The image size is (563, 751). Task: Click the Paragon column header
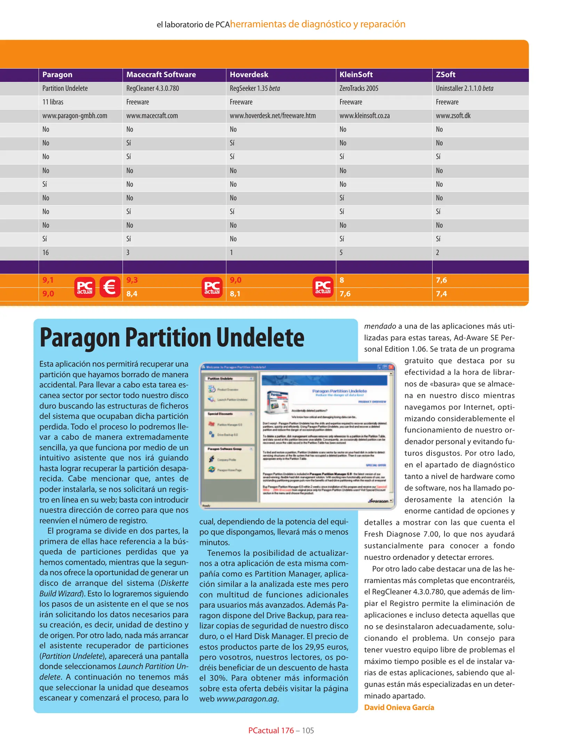[x=57, y=74]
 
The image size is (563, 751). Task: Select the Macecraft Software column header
[x=161, y=74]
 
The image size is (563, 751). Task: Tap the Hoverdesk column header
[x=249, y=74]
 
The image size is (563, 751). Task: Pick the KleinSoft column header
[x=356, y=74]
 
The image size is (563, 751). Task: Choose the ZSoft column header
[x=445, y=74]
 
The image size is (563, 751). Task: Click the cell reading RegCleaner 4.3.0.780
[x=153, y=88]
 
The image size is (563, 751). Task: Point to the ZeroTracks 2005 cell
[x=359, y=88]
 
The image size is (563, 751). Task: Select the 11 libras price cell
[x=53, y=102]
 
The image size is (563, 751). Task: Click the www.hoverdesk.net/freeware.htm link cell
[x=273, y=115]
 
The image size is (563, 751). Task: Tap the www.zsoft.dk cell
[x=453, y=115]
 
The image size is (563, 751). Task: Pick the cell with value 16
[x=46, y=252]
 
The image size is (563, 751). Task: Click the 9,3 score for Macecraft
[x=132, y=280]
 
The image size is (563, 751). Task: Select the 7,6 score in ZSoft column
[x=441, y=280]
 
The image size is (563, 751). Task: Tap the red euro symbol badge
[x=110, y=287]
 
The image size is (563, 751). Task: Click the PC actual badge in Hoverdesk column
[x=323, y=287]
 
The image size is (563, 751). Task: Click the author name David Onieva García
[x=399, y=707]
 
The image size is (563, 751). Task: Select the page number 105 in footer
[x=308, y=730]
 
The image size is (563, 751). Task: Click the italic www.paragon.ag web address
[x=247, y=698]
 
